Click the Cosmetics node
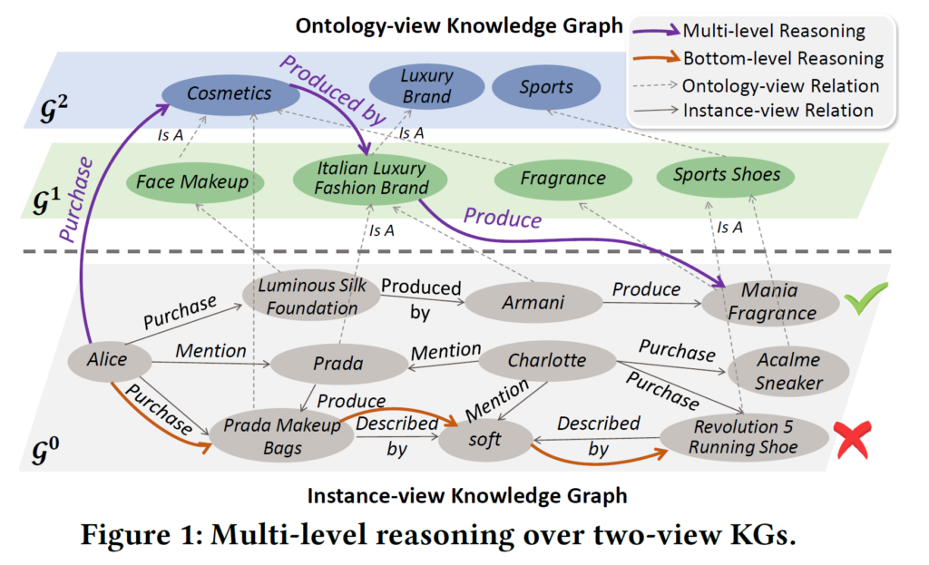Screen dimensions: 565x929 tap(230, 93)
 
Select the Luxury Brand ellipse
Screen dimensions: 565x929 tap(425, 85)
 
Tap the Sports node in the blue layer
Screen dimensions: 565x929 tap(546, 88)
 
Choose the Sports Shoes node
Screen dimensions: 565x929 tap(727, 175)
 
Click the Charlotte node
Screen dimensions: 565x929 tap(546, 360)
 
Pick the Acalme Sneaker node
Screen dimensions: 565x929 tap(787, 371)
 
